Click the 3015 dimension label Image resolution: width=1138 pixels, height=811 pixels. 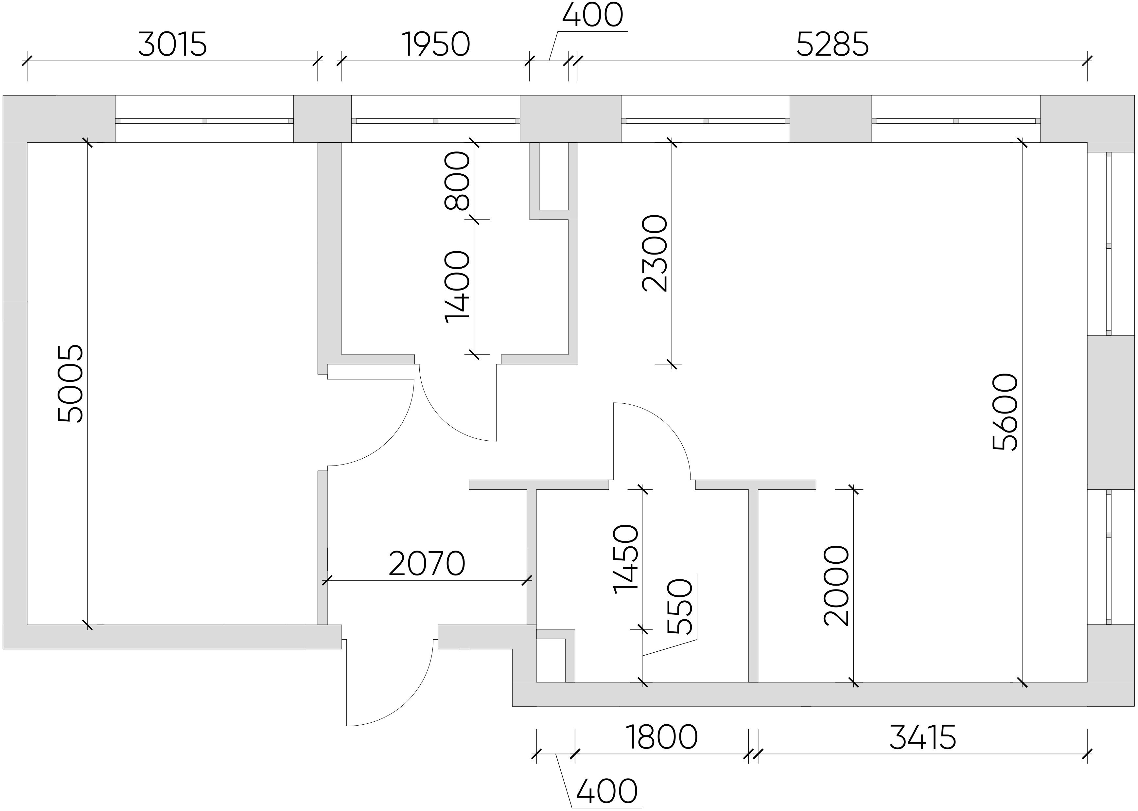pyautogui.click(x=172, y=44)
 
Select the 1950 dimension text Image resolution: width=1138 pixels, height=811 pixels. pyautogui.click(x=436, y=44)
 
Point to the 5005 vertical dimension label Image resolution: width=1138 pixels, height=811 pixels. pyautogui.click(x=70, y=383)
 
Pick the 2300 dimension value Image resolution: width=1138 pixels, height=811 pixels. pyautogui.click(x=655, y=253)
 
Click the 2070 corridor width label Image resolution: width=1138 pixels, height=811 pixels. pyautogui.click(x=427, y=563)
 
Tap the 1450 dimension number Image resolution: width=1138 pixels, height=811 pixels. pyautogui.click(x=626, y=559)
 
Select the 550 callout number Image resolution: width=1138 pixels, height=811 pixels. pyautogui.click(x=680, y=606)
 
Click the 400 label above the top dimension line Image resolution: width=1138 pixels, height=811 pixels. pyautogui.click(x=593, y=15)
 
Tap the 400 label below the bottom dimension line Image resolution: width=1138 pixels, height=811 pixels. pyautogui.click(x=607, y=791)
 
